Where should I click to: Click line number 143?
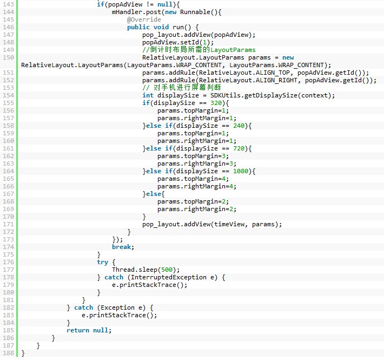click(x=8, y=4)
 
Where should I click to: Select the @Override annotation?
click(x=144, y=19)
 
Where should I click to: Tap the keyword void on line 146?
click(x=161, y=27)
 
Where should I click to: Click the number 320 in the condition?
click(x=216, y=103)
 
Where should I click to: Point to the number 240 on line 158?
click(x=239, y=126)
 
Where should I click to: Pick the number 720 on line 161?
click(x=239, y=148)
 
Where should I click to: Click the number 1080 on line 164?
click(x=241, y=171)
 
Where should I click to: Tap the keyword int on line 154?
click(x=148, y=95)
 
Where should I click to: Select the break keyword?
click(x=122, y=247)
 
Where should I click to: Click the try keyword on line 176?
click(x=103, y=262)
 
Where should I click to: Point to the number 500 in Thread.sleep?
click(x=167, y=270)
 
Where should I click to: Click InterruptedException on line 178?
click(x=169, y=277)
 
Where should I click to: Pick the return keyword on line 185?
click(x=78, y=330)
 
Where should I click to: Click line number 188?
click(x=8, y=353)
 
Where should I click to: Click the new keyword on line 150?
click(x=288, y=57)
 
